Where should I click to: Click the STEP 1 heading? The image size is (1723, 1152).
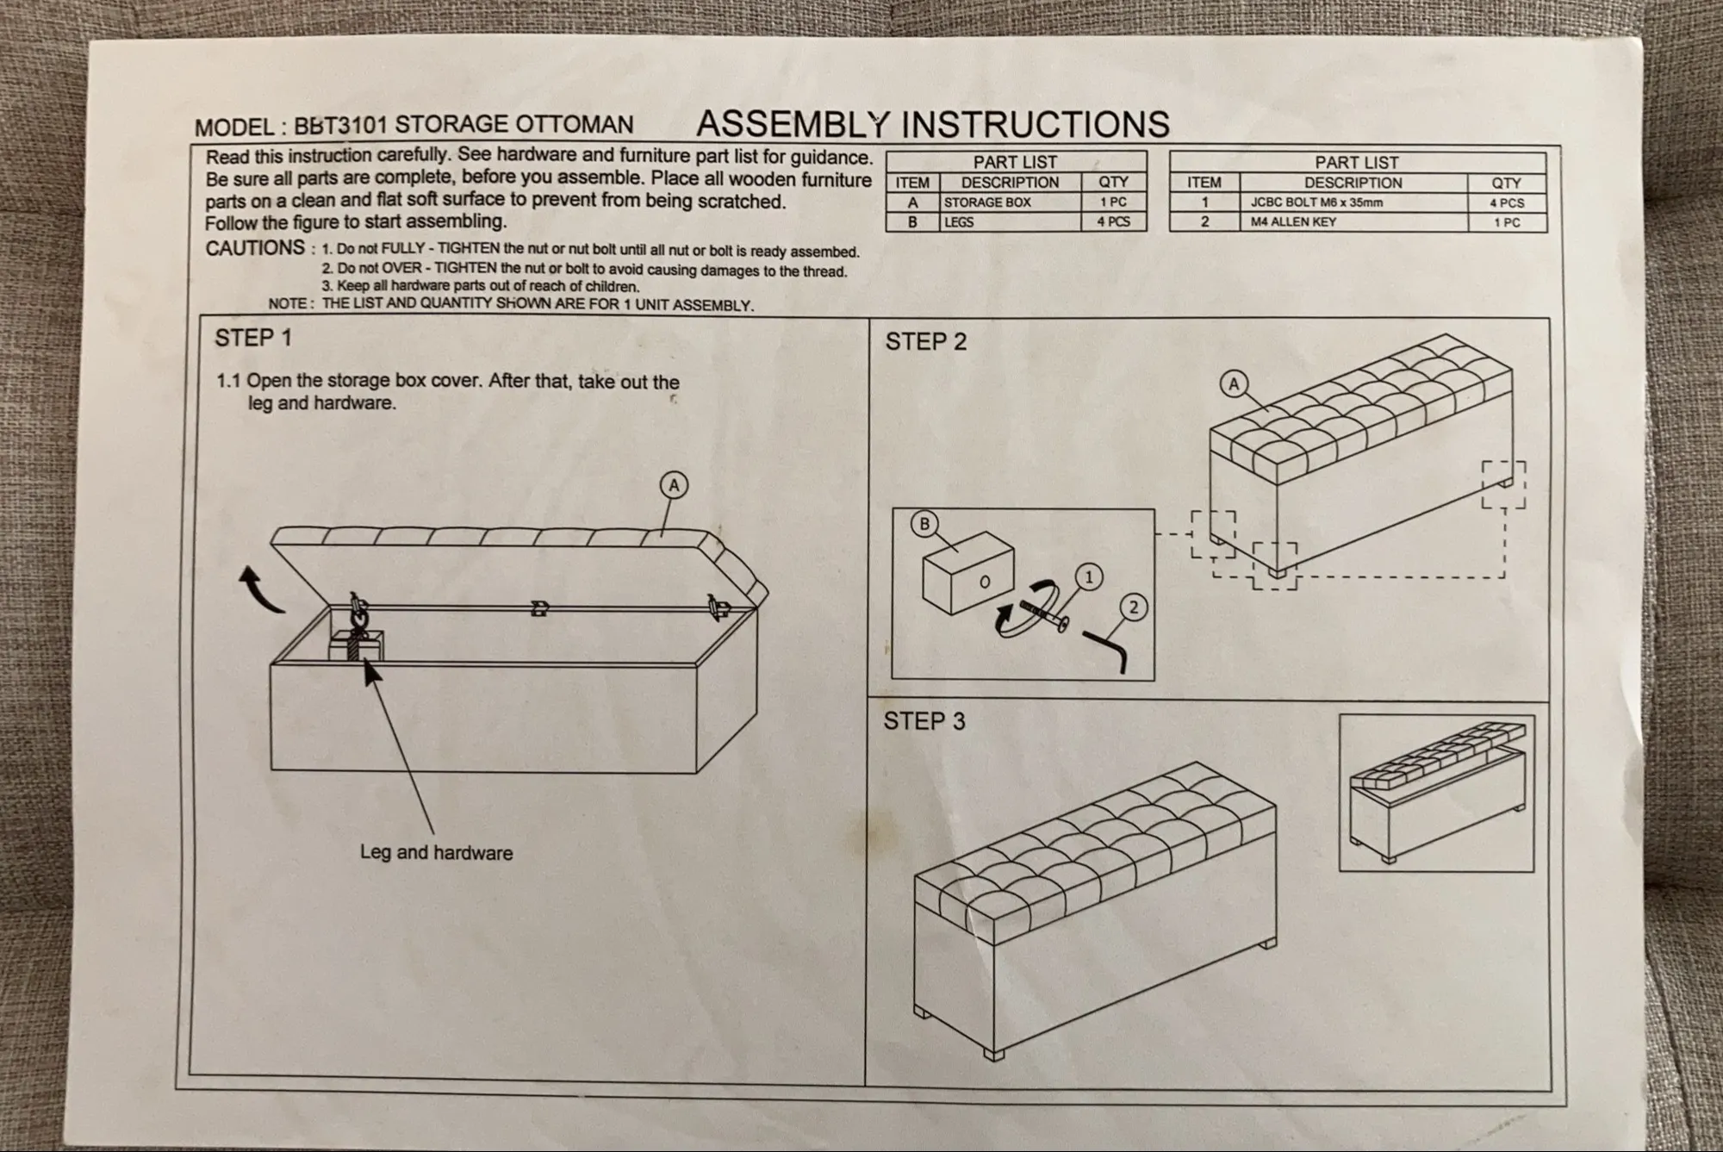(253, 338)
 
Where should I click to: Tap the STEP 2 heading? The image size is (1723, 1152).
(925, 342)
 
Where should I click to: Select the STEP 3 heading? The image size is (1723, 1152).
(924, 721)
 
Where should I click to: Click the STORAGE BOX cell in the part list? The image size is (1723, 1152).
(986, 202)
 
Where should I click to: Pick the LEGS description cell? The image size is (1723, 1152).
(959, 222)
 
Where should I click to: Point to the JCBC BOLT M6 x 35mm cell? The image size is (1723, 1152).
(1316, 203)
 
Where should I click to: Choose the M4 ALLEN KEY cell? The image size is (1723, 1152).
(1293, 222)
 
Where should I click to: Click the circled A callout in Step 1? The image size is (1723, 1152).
(674, 486)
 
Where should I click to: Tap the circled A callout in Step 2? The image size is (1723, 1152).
(1234, 384)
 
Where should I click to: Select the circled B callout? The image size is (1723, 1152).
(924, 524)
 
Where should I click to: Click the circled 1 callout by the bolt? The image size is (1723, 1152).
(1089, 576)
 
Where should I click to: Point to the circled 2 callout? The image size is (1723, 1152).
(1133, 608)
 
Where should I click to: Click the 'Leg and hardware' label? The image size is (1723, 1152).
(436, 853)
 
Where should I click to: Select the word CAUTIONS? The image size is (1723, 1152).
(255, 248)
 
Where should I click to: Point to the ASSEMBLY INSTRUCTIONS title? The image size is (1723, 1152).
(932, 124)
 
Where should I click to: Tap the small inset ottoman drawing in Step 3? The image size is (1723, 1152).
(1436, 793)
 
